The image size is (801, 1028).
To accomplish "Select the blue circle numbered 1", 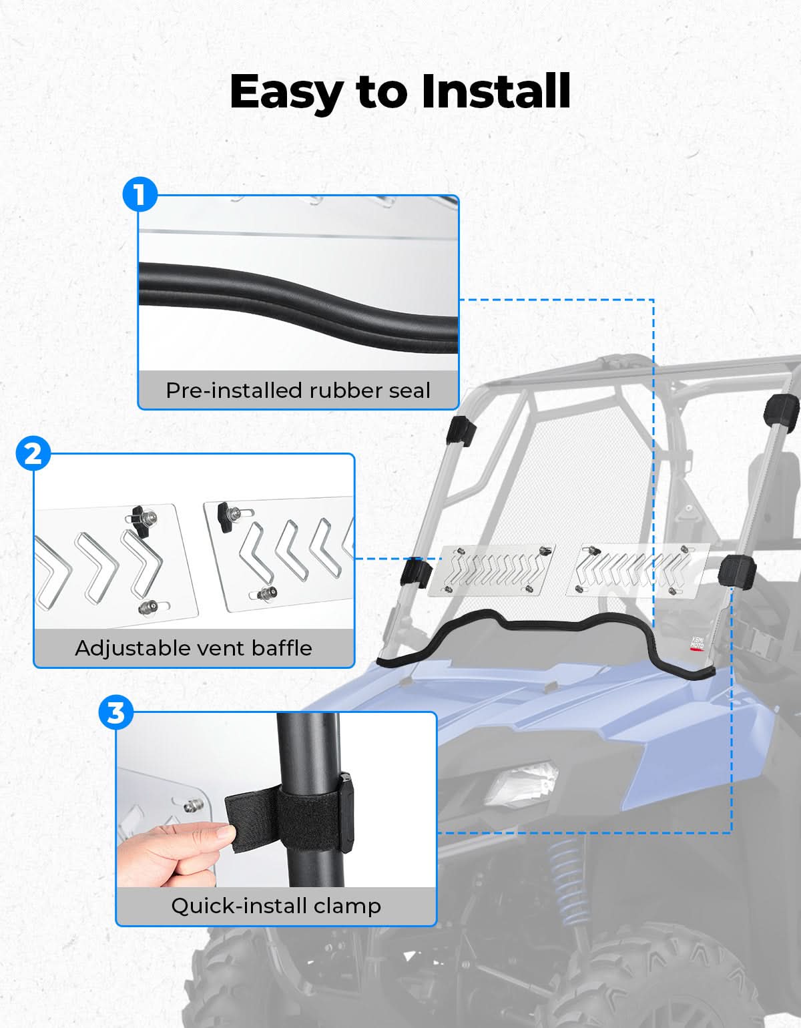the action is (140, 194).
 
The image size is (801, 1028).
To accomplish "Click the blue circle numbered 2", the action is (33, 453).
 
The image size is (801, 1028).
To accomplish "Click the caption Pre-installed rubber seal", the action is (298, 391).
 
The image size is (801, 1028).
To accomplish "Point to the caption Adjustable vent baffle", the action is (194, 648).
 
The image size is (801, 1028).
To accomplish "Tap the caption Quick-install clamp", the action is (276, 906).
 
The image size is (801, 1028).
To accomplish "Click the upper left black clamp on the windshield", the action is (461, 431).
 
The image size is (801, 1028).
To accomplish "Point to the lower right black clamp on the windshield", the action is (737, 571).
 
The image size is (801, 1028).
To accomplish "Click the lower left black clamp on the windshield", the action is (416, 573).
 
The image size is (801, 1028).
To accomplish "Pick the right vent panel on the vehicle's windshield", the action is (638, 570).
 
